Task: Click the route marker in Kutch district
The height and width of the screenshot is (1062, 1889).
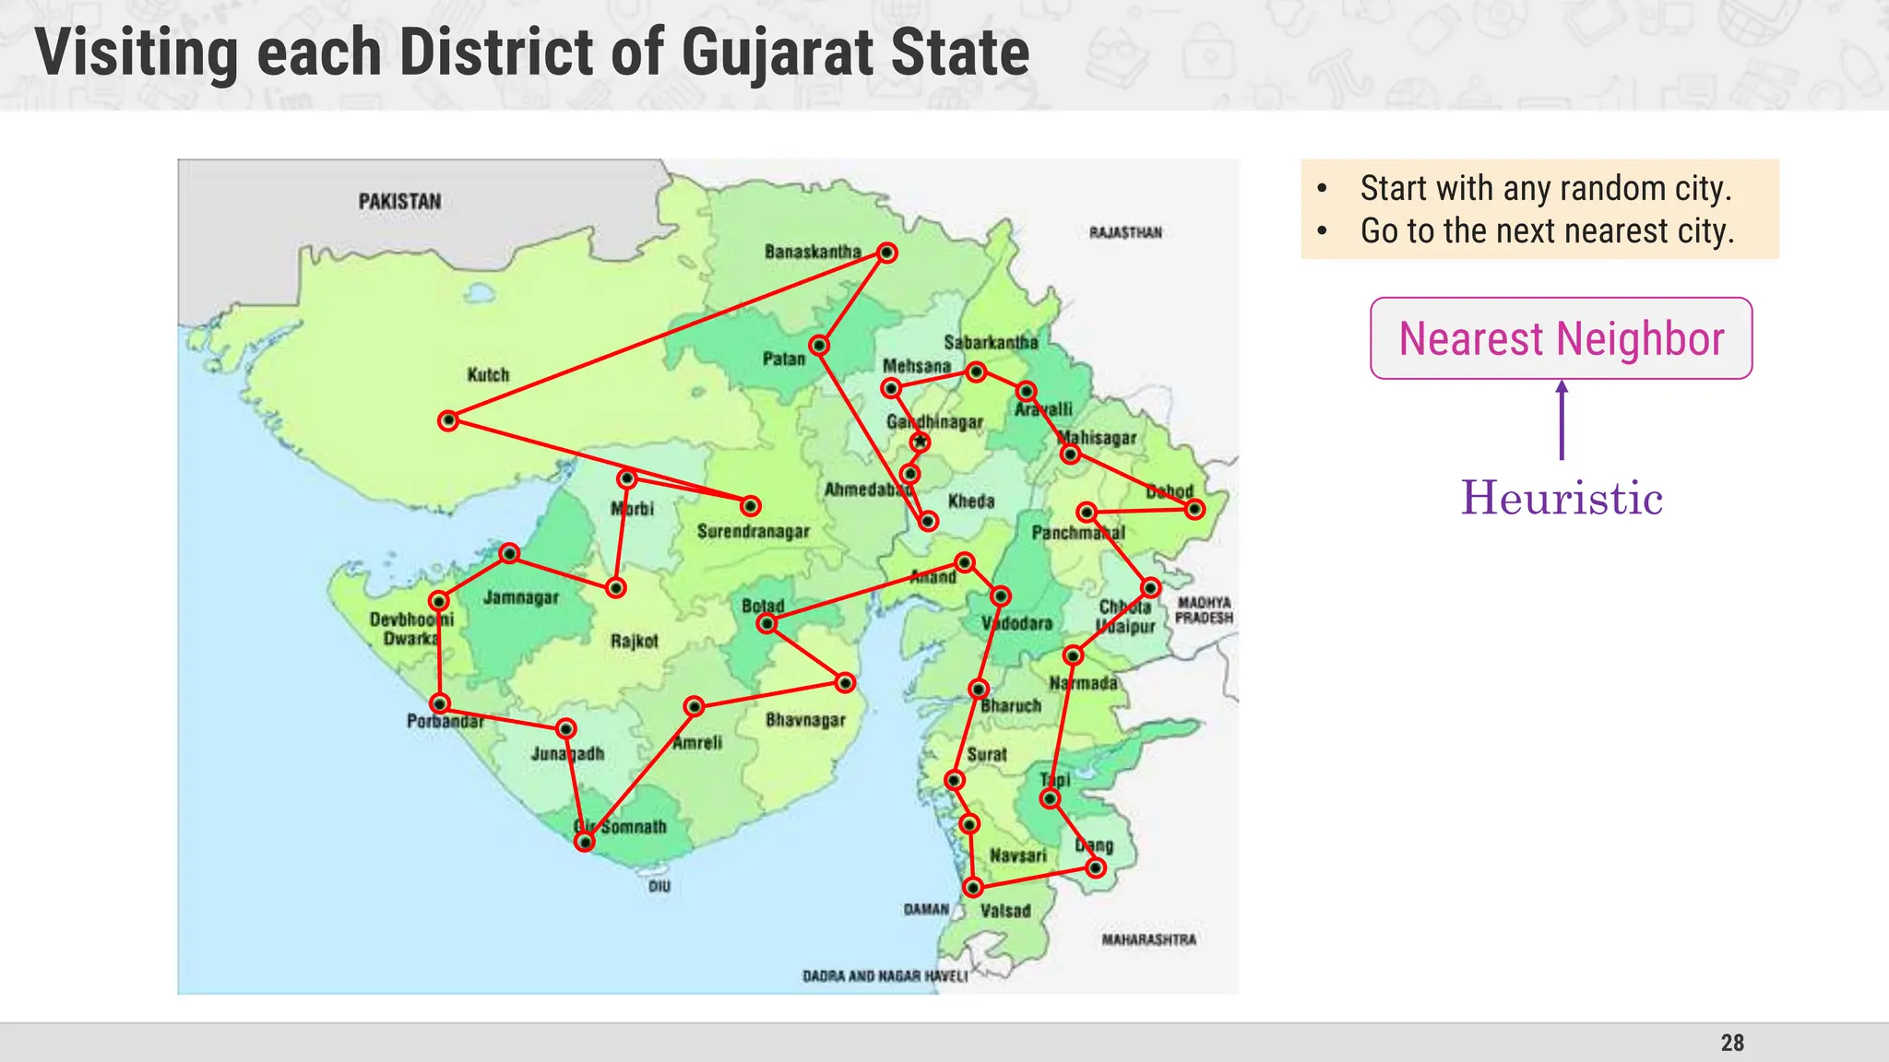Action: tap(448, 421)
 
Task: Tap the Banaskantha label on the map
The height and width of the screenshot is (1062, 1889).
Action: tap(813, 252)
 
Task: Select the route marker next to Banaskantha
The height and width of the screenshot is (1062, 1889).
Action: tap(886, 253)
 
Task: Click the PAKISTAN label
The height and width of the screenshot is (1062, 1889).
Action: tap(399, 201)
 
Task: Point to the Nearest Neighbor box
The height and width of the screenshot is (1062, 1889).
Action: tap(1561, 338)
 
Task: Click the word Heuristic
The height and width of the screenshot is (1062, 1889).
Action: tap(1562, 498)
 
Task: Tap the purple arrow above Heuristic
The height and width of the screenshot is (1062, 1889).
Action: tap(1562, 419)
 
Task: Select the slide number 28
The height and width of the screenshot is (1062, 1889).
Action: tap(1732, 1043)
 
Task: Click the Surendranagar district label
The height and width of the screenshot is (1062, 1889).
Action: tap(754, 531)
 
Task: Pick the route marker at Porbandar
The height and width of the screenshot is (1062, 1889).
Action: tap(440, 703)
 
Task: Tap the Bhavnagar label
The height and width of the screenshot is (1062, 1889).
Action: tap(805, 719)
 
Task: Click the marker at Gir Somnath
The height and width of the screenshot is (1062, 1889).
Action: tap(585, 841)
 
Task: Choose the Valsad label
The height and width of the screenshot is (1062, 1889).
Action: tap(1005, 911)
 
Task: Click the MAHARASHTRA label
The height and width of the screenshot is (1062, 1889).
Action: tap(1148, 939)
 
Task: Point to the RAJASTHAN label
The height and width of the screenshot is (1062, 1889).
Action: tap(1125, 232)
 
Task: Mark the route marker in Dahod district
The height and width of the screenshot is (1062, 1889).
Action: tap(1194, 509)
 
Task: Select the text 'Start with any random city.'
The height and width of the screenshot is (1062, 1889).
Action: tap(1546, 188)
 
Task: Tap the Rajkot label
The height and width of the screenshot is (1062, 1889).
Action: tap(635, 641)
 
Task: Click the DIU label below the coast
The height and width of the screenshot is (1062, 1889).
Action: tap(659, 886)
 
